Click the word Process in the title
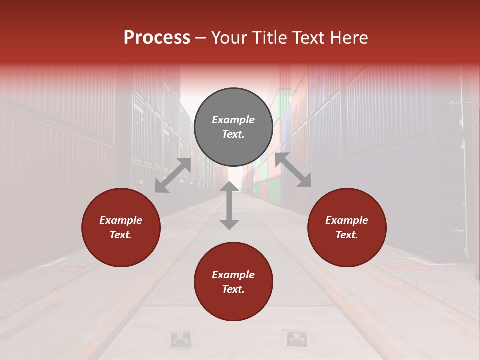[x=157, y=38]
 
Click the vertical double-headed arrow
[x=229, y=205]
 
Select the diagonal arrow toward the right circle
[x=293, y=170]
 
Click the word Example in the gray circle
[x=233, y=120]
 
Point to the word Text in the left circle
[x=121, y=235]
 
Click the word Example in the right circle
[x=347, y=220]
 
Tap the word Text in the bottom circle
[x=233, y=290]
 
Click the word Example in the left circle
[x=121, y=220]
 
